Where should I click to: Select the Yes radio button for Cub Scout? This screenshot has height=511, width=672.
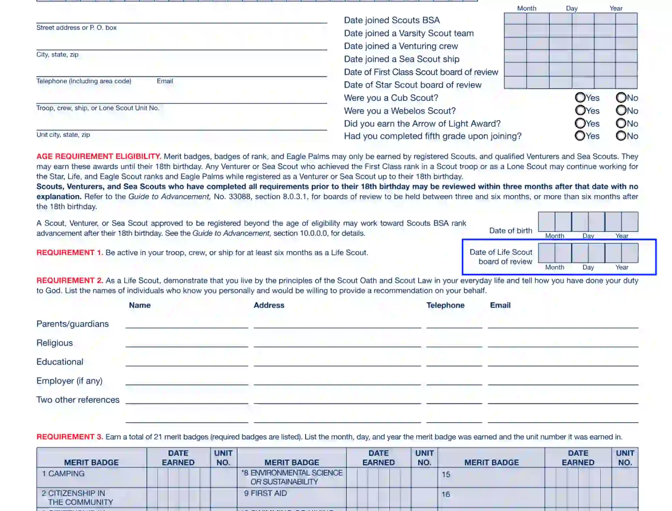click(580, 98)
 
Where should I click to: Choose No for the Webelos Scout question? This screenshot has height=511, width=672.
click(621, 111)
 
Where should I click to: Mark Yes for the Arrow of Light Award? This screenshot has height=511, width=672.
click(580, 123)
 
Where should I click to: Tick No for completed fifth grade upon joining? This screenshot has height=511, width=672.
click(621, 136)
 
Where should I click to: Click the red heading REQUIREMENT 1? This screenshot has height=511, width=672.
click(70, 253)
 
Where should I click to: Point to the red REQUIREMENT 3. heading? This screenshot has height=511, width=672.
click(70, 437)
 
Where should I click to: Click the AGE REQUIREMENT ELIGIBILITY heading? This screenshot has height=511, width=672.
click(99, 157)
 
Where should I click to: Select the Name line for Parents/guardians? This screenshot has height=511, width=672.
click(187, 324)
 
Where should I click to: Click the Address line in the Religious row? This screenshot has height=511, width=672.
click(337, 342)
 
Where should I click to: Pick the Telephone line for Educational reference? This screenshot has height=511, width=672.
click(454, 362)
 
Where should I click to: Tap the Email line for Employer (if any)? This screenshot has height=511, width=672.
click(563, 381)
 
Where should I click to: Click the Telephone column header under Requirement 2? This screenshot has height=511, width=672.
click(445, 305)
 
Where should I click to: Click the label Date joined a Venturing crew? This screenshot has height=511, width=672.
click(401, 46)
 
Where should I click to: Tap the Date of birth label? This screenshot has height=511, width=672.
click(511, 231)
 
